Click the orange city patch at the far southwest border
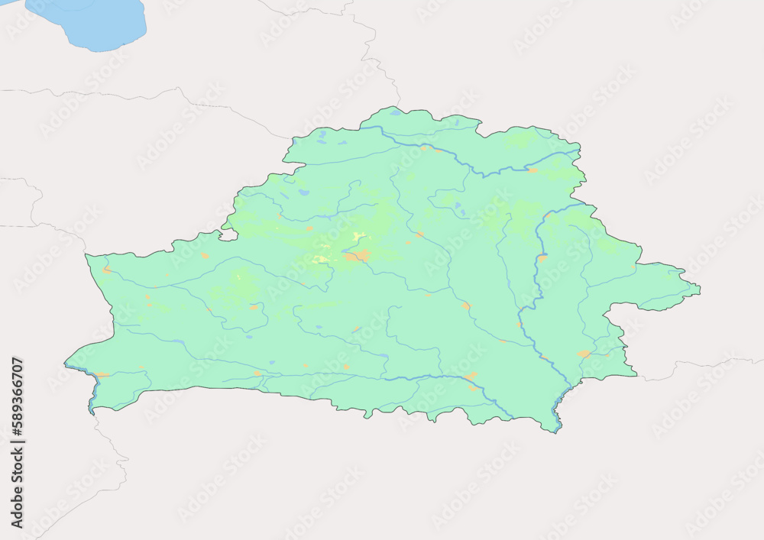(x=101, y=374)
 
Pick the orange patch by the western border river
(x=105, y=270)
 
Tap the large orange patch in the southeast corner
(x=584, y=354)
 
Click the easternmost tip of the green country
(x=699, y=289)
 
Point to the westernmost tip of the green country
(x=65, y=364)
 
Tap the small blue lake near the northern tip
(x=394, y=113)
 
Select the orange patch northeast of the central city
(x=419, y=234)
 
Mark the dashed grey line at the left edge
(x=15, y=226)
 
